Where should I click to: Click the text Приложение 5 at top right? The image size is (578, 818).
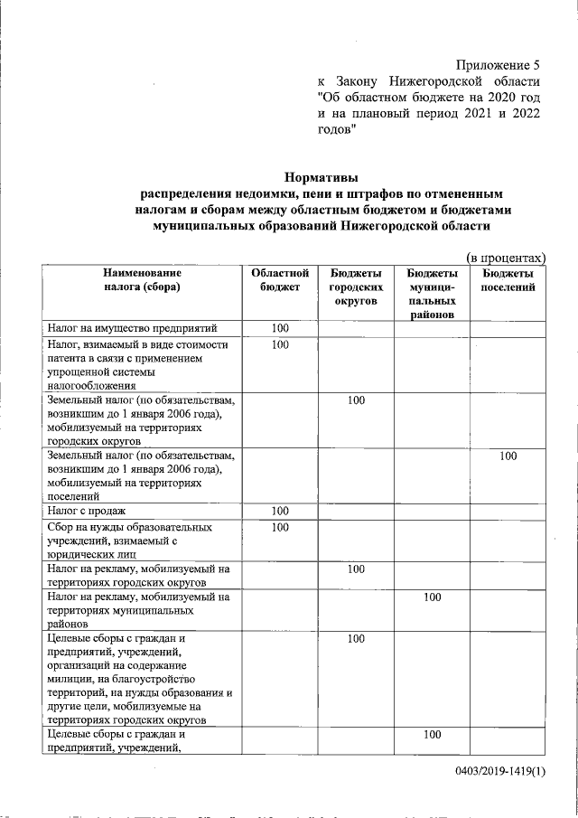[x=497, y=65]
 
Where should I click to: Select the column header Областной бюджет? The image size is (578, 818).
[x=280, y=280]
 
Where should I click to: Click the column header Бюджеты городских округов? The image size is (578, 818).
[x=355, y=287]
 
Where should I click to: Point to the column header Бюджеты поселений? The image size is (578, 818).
[x=508, y=280]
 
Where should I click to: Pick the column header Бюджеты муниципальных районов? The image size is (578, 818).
[x=432, y=294]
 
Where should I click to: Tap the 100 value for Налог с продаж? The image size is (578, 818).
[x=280, y=512]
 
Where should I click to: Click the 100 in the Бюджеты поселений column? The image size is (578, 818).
[x=508, y=456]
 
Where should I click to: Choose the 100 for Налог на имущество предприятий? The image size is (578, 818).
[x=280, y=328]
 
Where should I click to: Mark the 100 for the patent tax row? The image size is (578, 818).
[x=280, y=344]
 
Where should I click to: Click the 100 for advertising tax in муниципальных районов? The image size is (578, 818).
[x=432, y=597]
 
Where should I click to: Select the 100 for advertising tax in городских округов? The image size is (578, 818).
[x=356, y=569]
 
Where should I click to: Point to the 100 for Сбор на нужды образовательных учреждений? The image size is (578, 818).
[x=280, y=527]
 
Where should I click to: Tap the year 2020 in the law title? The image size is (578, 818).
[x=497, y=98]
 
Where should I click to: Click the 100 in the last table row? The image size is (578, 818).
[x=432, y=735]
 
